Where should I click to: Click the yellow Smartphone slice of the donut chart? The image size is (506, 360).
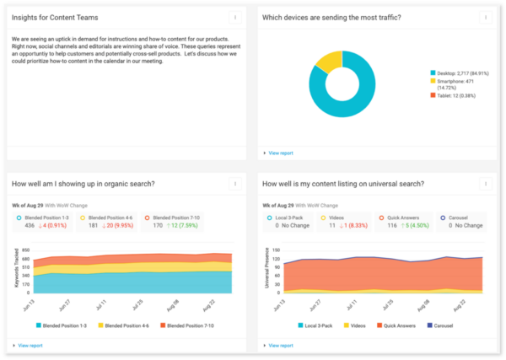pyautogui.click(x=331, y=60)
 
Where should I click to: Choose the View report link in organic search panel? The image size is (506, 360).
pyautogui.click(x=30, y=345)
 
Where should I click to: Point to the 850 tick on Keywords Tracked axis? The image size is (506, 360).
pyautogui.click(x=27, y=250)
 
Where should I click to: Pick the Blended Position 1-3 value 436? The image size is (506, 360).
pyautogui.click(x=30, y=226)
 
